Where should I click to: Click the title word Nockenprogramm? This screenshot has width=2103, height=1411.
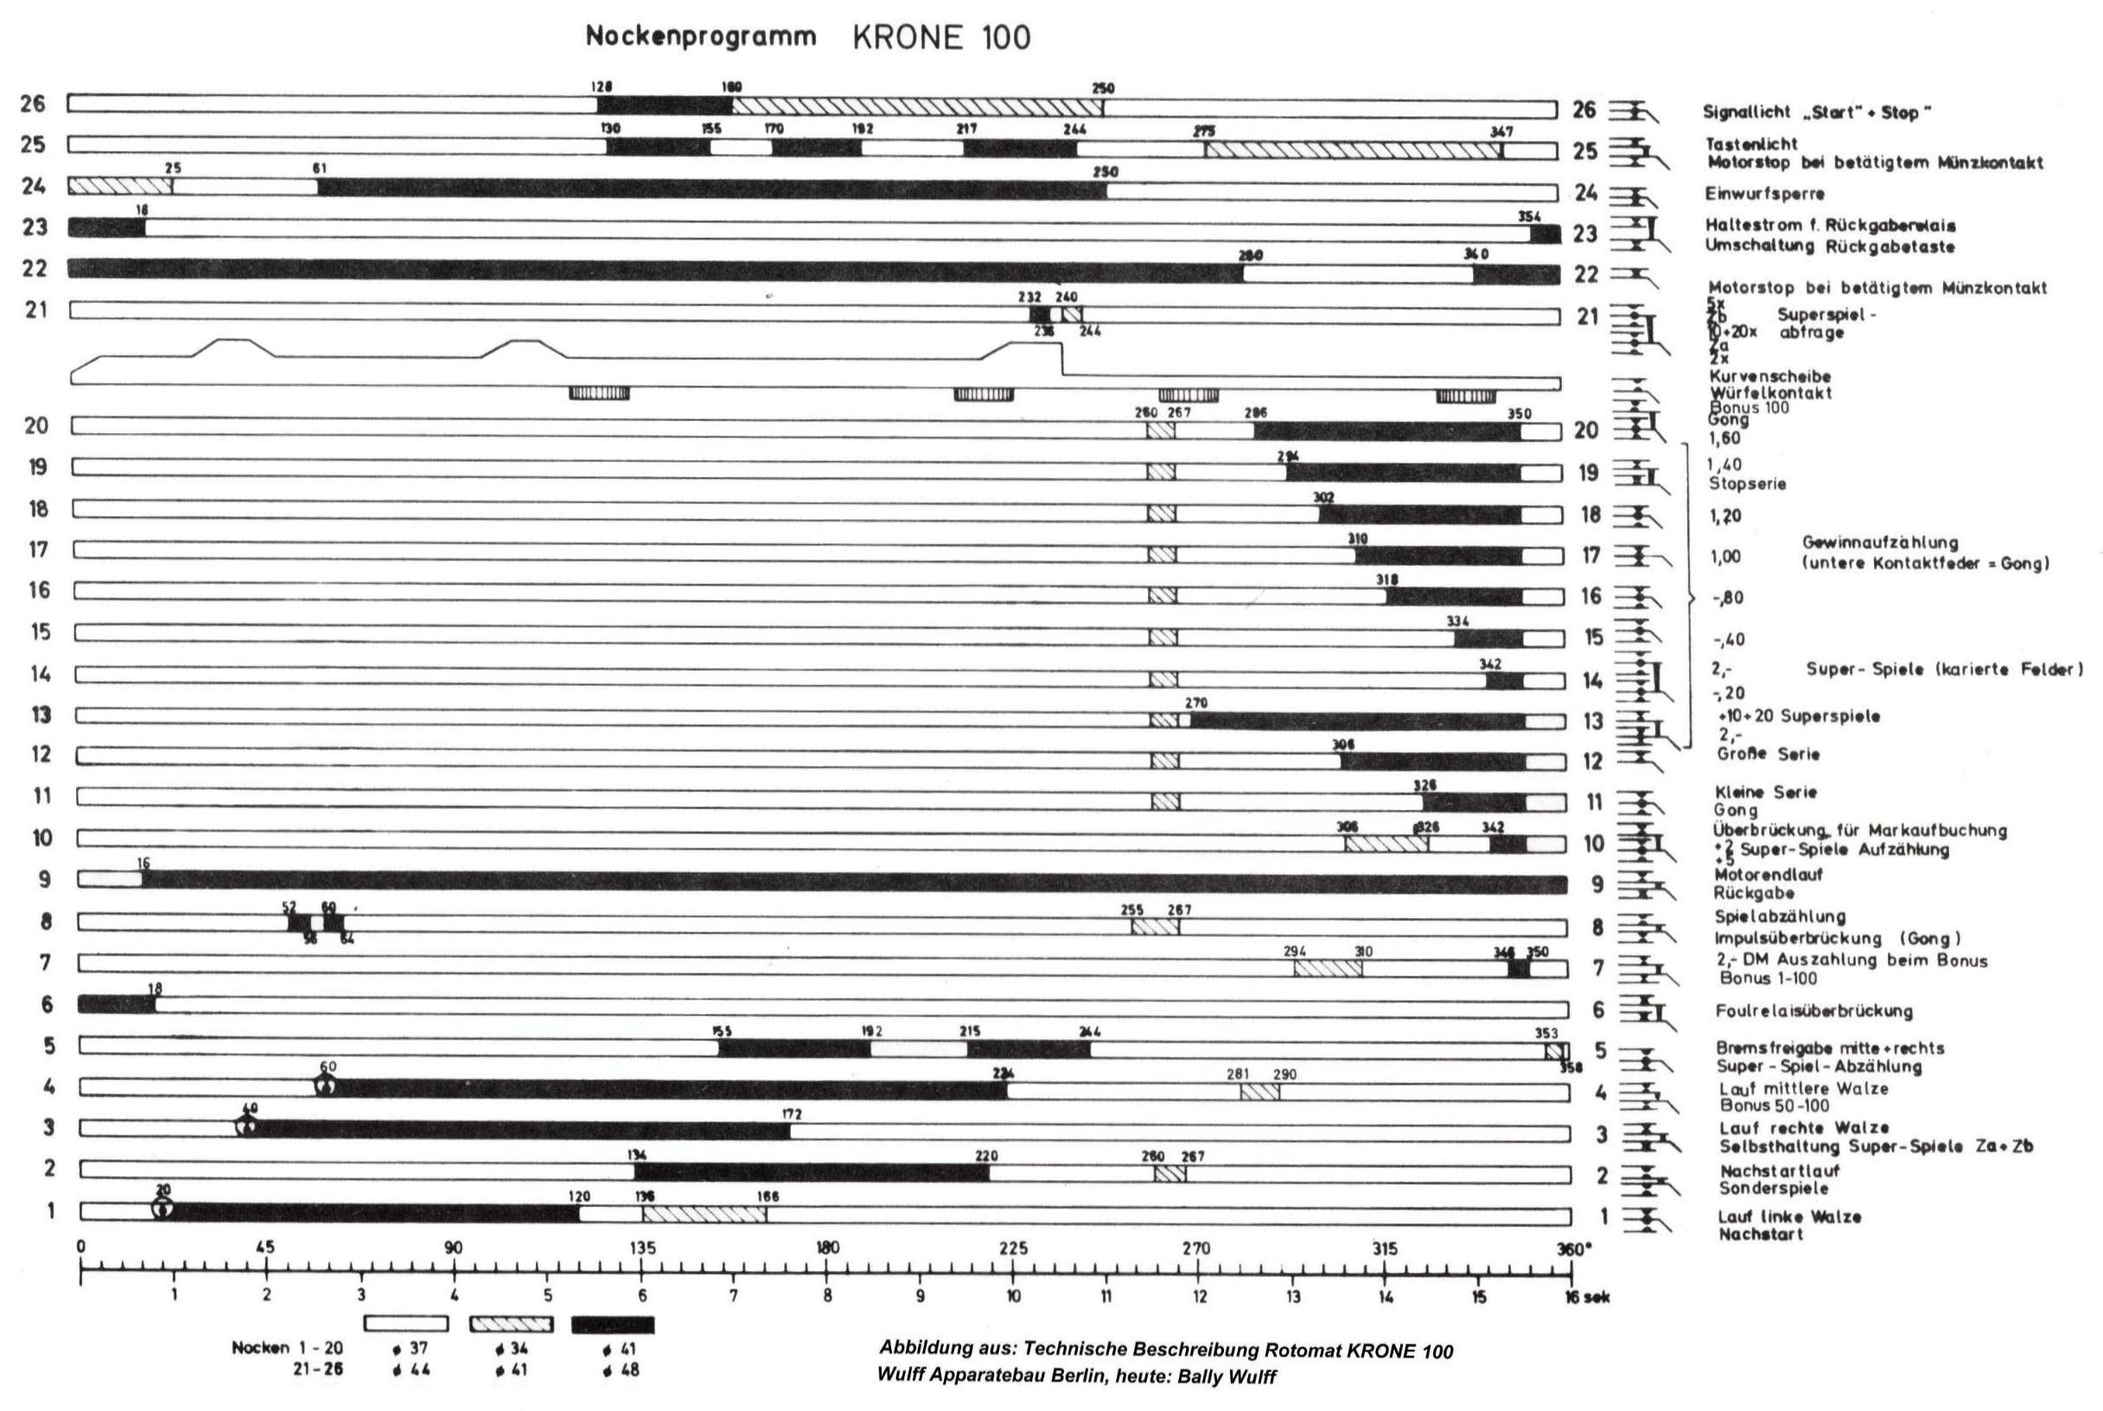coord(701,37)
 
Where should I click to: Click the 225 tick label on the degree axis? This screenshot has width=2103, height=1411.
coord(1013,1248)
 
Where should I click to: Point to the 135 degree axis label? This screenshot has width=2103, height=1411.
coord(642,1248)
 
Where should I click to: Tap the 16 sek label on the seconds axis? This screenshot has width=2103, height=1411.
coord(1584,1298)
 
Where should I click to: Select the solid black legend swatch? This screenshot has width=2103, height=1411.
coord(613,1325)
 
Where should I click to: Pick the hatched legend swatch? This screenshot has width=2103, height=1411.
coord(511,1325)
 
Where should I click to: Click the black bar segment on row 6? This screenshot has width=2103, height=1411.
coord(117,1005)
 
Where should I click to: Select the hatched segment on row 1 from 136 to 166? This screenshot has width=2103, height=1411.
coord(704,1214)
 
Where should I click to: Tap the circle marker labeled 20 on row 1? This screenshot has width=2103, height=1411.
coord(163,1210)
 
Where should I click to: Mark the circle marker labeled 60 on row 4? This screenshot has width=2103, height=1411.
coord(327,1085)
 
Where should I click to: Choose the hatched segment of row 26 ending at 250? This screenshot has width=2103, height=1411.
coord(917,106)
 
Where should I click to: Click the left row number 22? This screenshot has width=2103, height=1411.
coord(35,268)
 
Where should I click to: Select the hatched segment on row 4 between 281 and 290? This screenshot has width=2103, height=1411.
coord(1259,1092)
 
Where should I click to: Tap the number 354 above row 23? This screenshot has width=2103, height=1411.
coord(1529,216)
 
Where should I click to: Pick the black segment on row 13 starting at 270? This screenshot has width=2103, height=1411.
coord(1358,721)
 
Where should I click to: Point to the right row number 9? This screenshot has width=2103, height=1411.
coord(1597,884)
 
